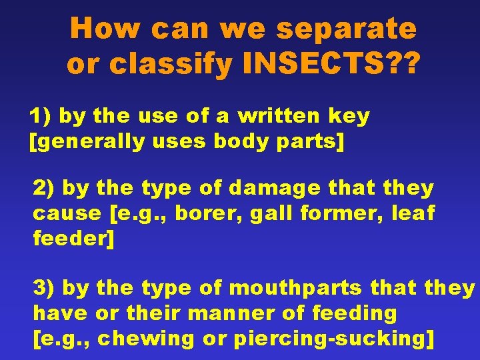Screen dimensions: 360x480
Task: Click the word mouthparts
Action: [295, 288]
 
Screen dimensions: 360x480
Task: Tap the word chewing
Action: [149, 338]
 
